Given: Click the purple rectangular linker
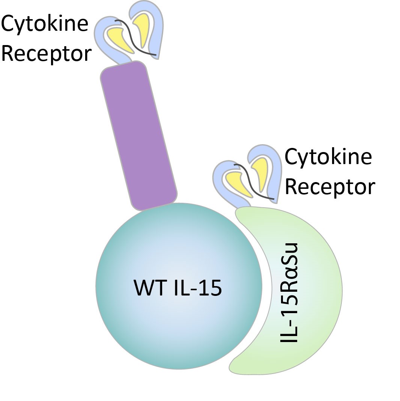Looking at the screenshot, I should coord(138,135).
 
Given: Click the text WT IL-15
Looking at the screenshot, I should coord(177,289).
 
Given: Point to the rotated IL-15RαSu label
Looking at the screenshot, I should coord(289,293).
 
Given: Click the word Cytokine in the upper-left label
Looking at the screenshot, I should coord(44,23).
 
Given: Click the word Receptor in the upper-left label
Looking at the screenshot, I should coord(46,53).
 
